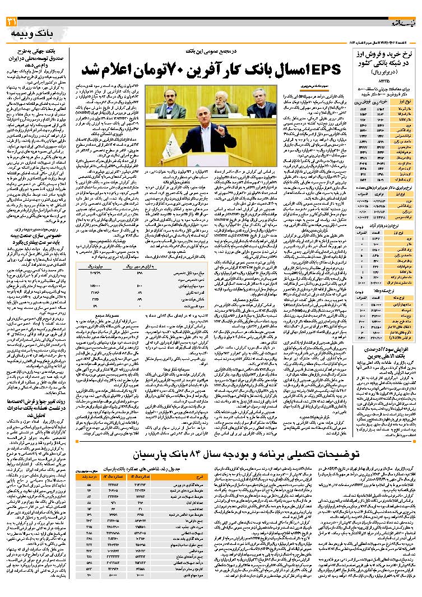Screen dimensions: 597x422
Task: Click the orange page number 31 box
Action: (12, 22)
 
